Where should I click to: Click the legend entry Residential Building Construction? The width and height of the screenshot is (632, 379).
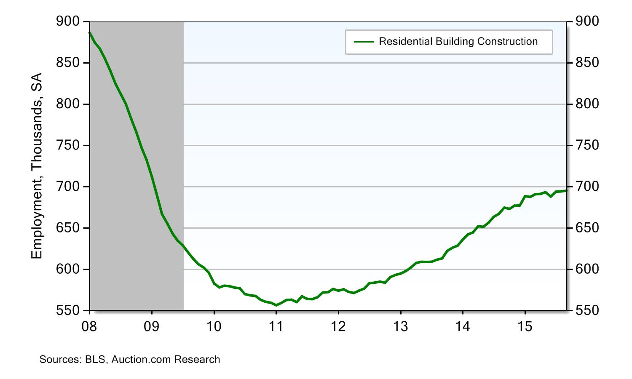point(458,42)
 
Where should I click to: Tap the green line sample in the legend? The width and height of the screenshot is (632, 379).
point(364,42)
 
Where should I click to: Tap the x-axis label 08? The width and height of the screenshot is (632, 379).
point(90,326)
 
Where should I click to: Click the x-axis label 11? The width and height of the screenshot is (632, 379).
point(276,326)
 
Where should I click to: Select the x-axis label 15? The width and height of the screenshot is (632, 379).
point(525,326)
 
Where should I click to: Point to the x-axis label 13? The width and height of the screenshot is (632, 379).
point(400,326)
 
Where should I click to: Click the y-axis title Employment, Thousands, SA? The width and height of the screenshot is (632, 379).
point(37,166)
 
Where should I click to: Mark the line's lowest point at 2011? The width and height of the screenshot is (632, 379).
point(276,305)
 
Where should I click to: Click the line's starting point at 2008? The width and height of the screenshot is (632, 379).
point(90,32)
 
